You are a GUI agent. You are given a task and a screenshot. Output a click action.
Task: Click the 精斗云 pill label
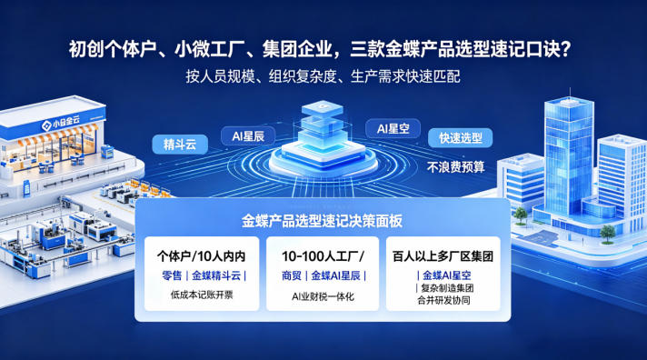pos(180,145)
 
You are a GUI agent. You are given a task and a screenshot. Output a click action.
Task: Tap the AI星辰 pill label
pos(248,135)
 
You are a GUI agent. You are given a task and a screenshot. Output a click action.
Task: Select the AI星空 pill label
pos(393,128)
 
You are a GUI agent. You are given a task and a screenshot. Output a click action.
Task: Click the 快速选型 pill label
pos(460,138)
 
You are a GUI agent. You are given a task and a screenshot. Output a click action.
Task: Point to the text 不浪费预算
pos(455,166)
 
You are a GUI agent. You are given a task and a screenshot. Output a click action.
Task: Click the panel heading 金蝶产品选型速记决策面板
pos(322,221)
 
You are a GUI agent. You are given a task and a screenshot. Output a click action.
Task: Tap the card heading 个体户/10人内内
pos(202,256)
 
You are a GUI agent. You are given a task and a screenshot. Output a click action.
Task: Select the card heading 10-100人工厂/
pos(323,256)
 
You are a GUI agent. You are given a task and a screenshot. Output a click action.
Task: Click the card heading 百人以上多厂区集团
pos(443,256)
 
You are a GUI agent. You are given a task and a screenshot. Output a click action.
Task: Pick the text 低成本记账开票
pos(202,295)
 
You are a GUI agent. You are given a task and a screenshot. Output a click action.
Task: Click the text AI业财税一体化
pos(323,296)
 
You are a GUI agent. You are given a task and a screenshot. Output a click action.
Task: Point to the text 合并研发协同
pos(443,300)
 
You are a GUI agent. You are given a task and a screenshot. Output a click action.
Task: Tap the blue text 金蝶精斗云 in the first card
pos(216,275)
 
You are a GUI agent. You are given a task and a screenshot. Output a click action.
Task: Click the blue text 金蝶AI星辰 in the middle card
pos(335,275)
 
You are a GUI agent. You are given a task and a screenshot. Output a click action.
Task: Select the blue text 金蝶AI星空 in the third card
pos(446,275)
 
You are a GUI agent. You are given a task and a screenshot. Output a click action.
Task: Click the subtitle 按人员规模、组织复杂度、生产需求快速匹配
pos(323,76)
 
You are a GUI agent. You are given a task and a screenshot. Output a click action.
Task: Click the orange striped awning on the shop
pos(58,135)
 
